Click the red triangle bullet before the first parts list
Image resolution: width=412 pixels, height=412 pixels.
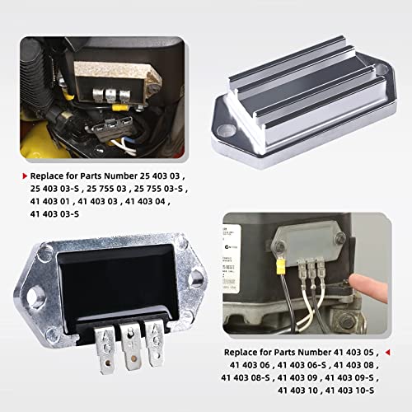(x=24, y=176)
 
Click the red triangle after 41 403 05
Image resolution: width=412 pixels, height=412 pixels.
(x=386, y=352)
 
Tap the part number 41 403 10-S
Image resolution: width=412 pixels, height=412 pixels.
(x=353, y=389)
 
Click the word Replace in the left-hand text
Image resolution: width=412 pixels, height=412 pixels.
(x=49, y=176)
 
